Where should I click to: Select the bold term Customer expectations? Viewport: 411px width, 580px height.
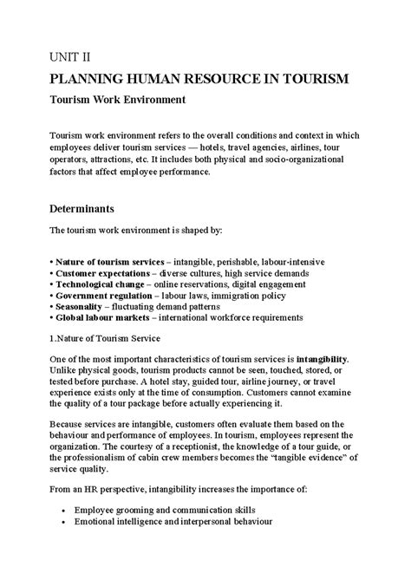tap(102, 273)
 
